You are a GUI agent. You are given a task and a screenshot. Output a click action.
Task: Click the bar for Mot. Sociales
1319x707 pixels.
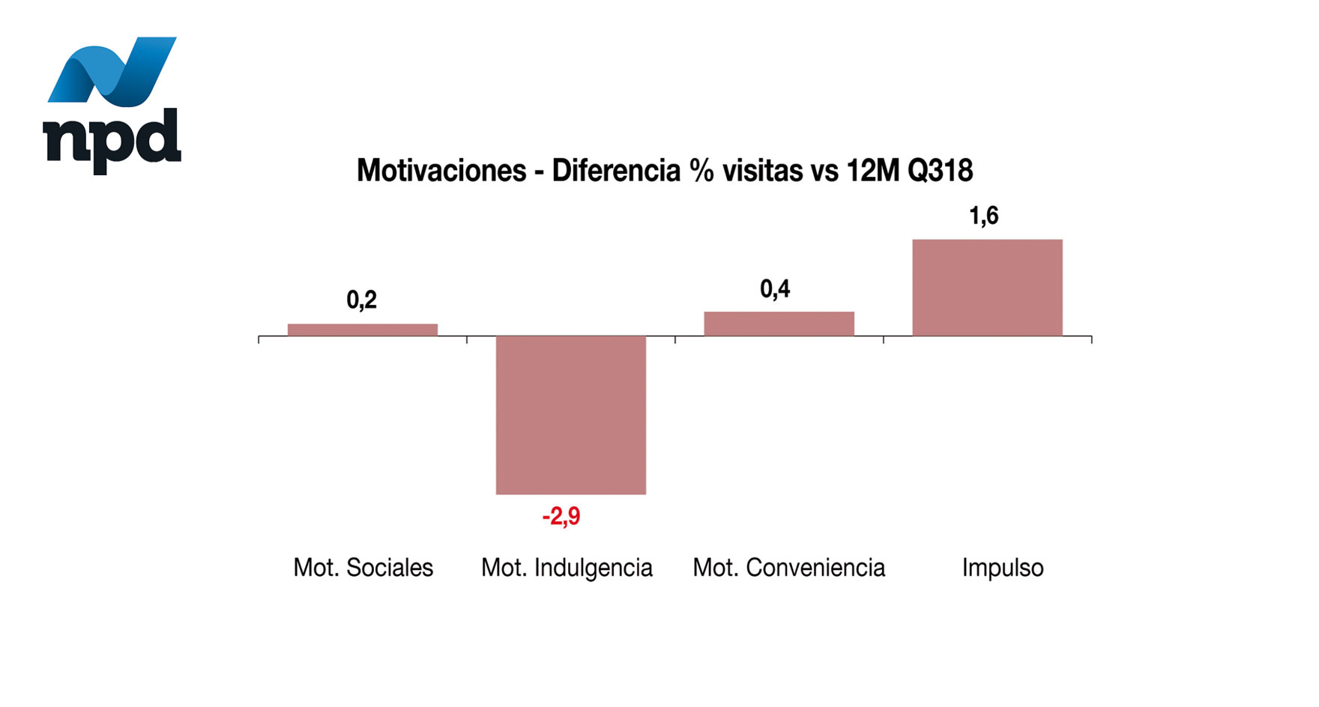coord(363,330)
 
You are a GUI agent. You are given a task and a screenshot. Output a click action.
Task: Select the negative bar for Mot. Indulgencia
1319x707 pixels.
coord(571,415)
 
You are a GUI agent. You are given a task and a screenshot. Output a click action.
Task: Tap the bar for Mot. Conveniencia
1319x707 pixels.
coord(779,324)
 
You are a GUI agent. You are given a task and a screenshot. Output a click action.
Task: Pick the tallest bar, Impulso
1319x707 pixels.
coord(987,288)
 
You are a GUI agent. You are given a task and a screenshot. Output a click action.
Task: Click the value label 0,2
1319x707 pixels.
coord(361,300)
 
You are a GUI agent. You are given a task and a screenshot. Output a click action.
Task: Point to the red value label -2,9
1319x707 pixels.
coord(561,517)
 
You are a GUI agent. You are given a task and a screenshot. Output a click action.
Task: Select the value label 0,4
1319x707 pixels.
coord(775,289)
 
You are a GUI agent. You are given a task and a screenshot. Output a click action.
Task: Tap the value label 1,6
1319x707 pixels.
coord(983,216)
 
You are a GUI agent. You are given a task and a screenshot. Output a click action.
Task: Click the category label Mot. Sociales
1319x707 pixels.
coord(363,568)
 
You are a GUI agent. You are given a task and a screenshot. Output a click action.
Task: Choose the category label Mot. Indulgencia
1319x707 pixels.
coord(567,568)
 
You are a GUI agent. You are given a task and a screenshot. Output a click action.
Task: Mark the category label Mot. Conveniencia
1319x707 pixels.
coord(788,568)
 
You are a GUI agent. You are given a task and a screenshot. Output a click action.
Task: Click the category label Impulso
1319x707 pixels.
coord(1003,568)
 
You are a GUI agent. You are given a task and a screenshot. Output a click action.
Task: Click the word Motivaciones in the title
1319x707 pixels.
coord(441,171)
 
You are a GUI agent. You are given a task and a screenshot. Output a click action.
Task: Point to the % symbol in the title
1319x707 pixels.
coord(702,171)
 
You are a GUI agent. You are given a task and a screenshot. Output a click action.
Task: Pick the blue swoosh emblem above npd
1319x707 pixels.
coord(112,70)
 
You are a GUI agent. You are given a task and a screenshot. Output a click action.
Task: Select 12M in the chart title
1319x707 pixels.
coord(872,171)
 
